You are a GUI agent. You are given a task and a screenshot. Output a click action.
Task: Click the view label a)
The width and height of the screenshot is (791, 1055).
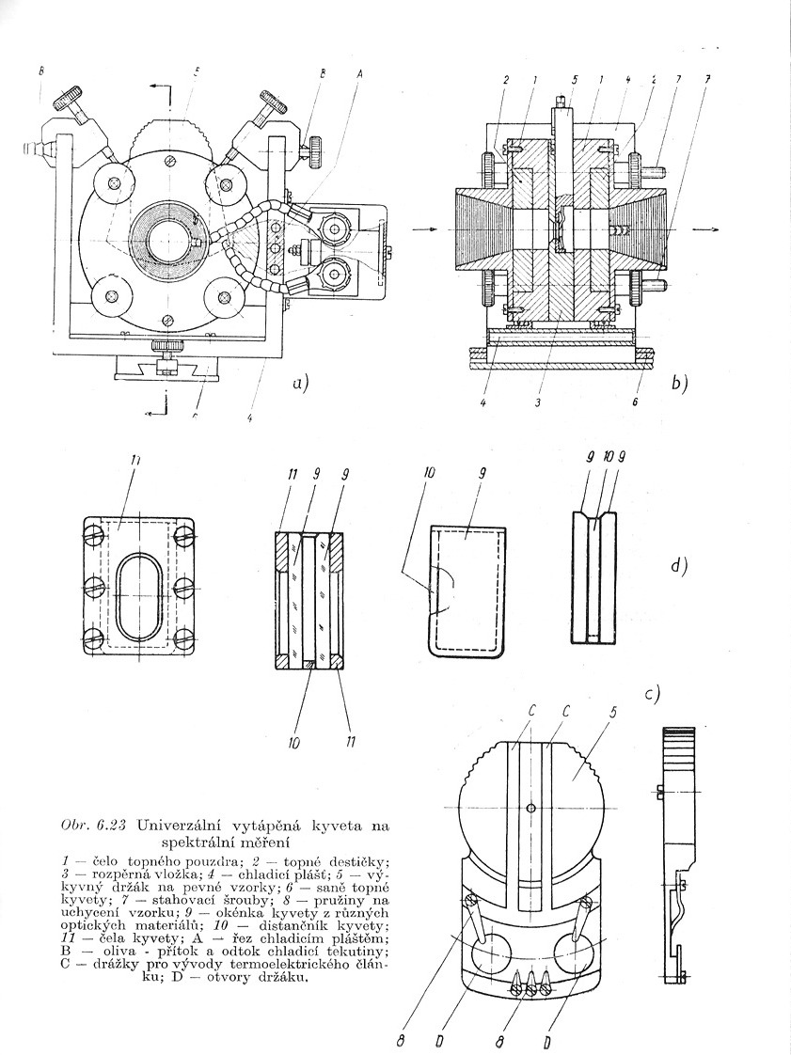click(300, 384)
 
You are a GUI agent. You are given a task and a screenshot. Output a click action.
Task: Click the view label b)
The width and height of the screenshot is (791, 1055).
click(680, 383)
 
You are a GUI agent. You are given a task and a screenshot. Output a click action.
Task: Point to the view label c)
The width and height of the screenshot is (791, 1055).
click(652, 694)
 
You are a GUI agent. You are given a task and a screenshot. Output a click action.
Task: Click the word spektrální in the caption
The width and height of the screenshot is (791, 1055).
click(204, 841)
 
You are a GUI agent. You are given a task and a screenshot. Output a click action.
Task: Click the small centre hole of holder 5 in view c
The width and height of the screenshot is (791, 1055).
click(531, 808)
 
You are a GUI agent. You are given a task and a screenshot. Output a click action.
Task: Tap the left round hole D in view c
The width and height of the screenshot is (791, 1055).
click(491, 955)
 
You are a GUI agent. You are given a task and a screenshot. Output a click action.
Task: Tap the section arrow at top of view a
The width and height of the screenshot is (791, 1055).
click(160, 88)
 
